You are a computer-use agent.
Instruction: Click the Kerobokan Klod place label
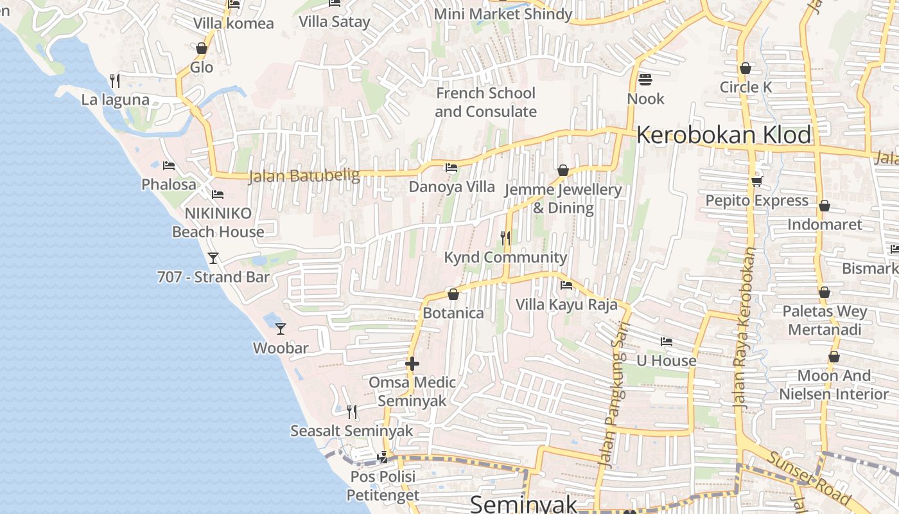[x=724, y=136]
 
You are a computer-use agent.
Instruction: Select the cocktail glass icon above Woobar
[x=281, y=329]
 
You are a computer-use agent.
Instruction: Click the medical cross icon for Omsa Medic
[x=412, y=364]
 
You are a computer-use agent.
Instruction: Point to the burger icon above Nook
[x=645, y=80]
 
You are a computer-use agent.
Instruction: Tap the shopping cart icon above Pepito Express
[x=756, y=181]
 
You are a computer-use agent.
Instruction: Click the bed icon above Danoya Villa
[x=451, y=168]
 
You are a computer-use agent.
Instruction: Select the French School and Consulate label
[x=485, y=102]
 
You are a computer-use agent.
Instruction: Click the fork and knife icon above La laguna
[x=115, y=80]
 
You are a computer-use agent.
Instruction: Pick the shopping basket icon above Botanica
[x=453, y=294]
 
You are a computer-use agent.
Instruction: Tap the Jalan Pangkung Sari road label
[x=613, y=394]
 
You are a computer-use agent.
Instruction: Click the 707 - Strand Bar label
[x=213, y=277]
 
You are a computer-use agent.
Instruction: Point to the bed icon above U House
[x=667, y=342]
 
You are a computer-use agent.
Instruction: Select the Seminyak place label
[x=524, y=504]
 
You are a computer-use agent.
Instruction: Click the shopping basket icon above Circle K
[x=746, y=68]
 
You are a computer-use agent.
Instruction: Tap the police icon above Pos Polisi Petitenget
[x=383, y=457]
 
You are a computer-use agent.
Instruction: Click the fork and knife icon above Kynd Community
[x=505, y=238]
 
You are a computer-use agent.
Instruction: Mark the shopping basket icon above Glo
[x=202, y=48]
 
